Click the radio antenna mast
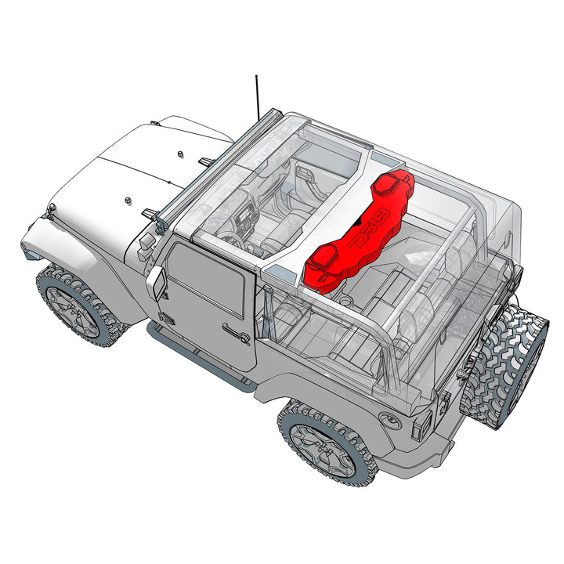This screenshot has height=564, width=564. (x=257, y=98)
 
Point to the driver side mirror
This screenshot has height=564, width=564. (x=156, y=282)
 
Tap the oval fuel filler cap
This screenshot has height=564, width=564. (x=389, y=419)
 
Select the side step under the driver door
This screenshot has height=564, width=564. (x=200, y=360)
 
